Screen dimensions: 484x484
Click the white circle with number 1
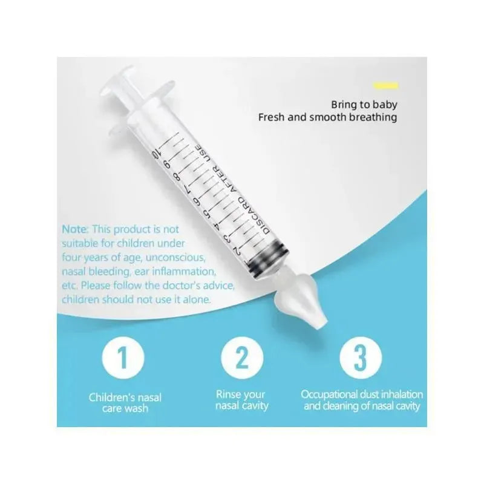(123, 358)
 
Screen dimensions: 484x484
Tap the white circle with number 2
(242, 358)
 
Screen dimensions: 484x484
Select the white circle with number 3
(361, 358)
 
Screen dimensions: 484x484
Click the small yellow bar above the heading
(386, 85)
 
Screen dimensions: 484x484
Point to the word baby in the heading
(385, 105)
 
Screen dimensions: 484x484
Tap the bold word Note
(75, 229)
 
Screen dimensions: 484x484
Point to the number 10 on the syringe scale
(156, 153)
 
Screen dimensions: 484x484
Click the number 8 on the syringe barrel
(177, 177)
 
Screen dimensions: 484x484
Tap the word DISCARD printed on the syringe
(252, 216)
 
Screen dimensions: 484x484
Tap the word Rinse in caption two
(229, 394)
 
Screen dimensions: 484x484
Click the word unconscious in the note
(175, 258)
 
